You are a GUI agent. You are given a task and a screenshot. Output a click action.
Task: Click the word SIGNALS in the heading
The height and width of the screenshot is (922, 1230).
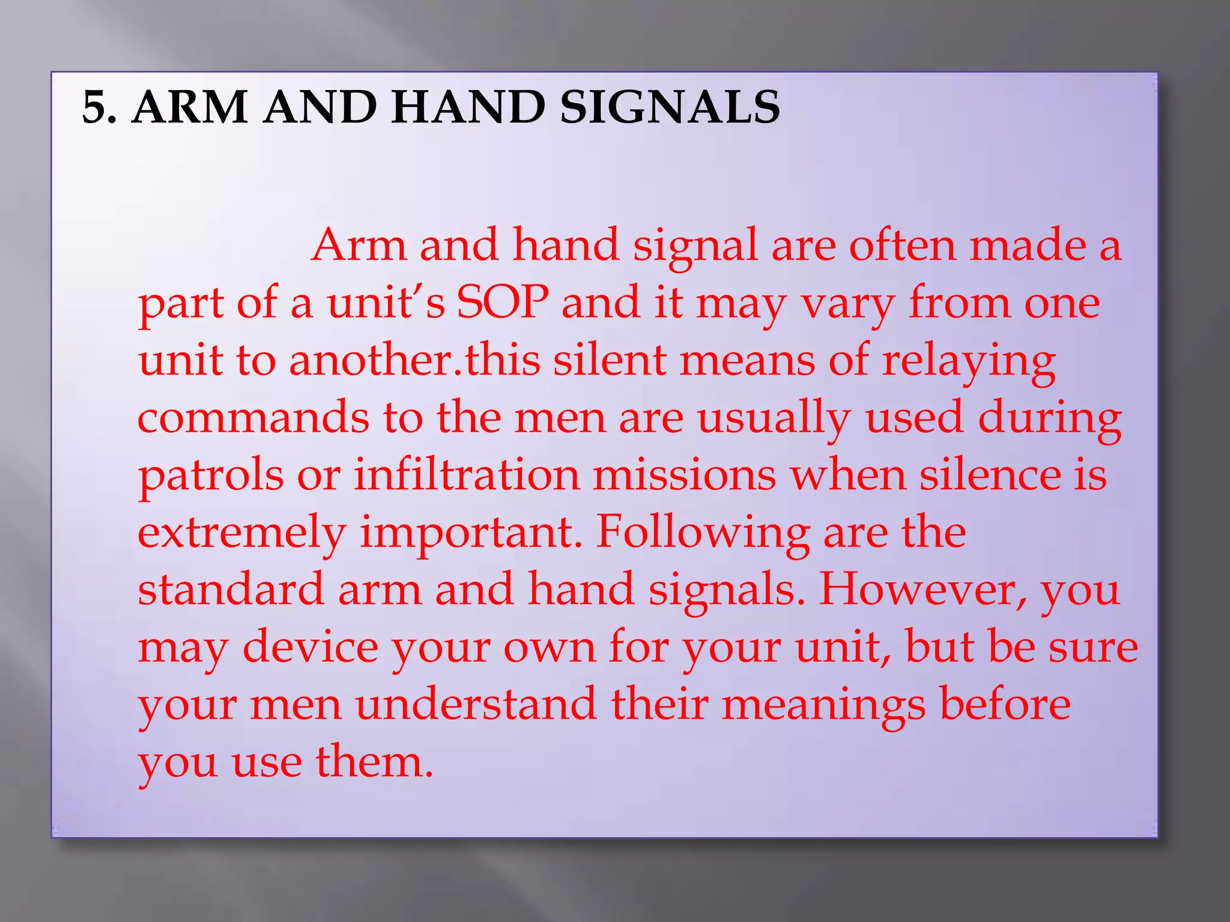coord(670,108)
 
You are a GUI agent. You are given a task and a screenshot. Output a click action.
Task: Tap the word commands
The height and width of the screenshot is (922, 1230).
coord(253,417)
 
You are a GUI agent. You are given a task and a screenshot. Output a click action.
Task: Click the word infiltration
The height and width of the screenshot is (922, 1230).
coord(467,474)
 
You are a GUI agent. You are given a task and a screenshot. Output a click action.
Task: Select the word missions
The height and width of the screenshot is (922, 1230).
coord(685,474)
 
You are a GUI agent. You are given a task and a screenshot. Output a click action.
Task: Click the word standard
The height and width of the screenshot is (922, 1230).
coord(231,589)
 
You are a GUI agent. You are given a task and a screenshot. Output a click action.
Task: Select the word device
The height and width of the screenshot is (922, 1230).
coord(310,646)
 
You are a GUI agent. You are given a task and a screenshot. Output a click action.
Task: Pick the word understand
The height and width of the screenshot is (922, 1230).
coord(476,704)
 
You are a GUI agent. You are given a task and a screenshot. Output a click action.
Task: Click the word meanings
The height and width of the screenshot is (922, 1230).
coord(823,705)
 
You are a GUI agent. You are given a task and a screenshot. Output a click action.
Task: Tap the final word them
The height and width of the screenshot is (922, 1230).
coord(374,761)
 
